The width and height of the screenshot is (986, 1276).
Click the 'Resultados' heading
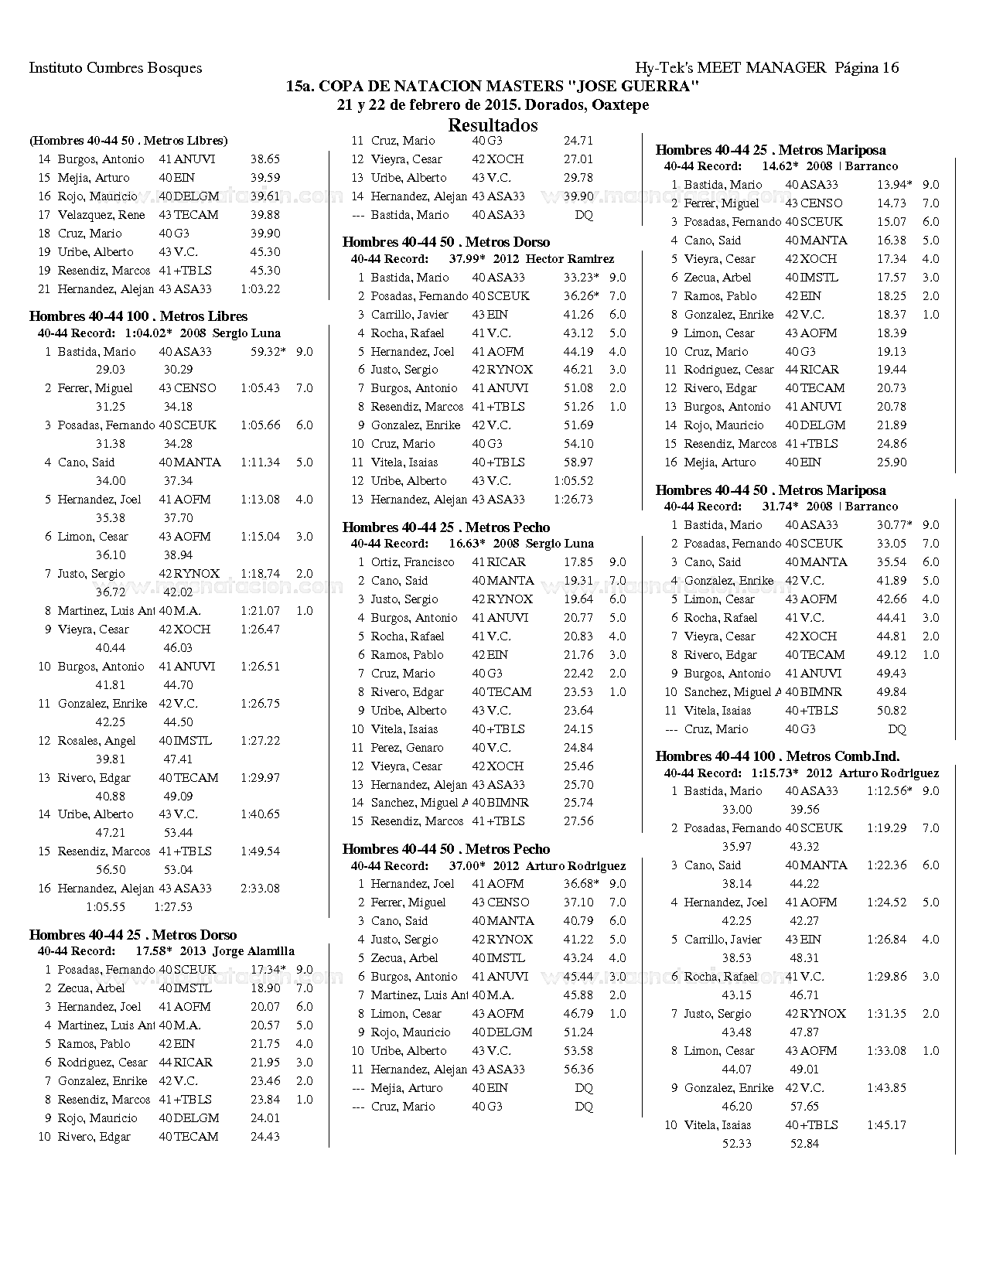(x=493, y=125)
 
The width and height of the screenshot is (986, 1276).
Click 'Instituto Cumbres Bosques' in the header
(x=115, y=67)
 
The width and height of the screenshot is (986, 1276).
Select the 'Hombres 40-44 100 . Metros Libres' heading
(x=138, y=316)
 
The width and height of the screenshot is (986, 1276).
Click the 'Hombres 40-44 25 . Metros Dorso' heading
(x=133, y=935)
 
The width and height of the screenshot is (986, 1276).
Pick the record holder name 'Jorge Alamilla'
(x=254, y=951)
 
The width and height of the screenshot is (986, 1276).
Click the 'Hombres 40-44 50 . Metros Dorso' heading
(x=446, y=242)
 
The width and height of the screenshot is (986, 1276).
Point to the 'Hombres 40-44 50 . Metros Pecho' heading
(x=446, y=849)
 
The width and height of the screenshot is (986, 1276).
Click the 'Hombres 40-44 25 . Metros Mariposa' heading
(x=770, y=150)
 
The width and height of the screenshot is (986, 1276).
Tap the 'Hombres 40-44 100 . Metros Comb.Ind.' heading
(x=777, y=756)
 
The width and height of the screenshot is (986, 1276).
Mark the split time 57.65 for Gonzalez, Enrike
(x=804, y=1107)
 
